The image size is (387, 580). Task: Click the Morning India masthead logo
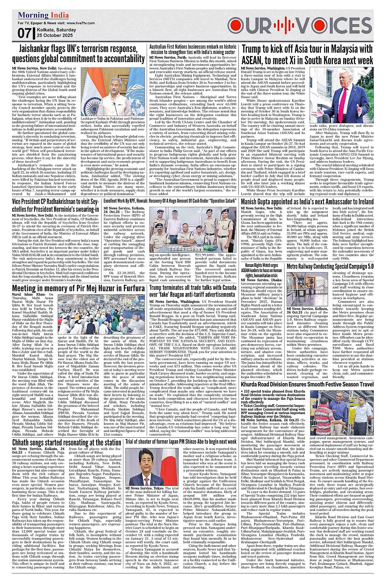[43, 16]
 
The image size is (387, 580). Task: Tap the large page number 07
[25, 33]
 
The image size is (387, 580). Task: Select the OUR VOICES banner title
[300, 25]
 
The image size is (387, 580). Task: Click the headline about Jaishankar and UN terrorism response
[78, 54]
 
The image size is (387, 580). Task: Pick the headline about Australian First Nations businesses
[192, 49]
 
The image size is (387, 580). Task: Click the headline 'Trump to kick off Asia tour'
[307, 55]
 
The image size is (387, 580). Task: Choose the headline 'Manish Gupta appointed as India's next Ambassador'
[307, 202]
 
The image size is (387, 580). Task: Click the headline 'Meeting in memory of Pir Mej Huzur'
[78, 288]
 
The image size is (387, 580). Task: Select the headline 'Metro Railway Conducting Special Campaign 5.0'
[330, 266]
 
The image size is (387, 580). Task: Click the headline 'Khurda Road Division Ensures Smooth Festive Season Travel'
[307, 384]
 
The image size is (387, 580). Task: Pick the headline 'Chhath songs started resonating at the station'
[67, 442]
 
